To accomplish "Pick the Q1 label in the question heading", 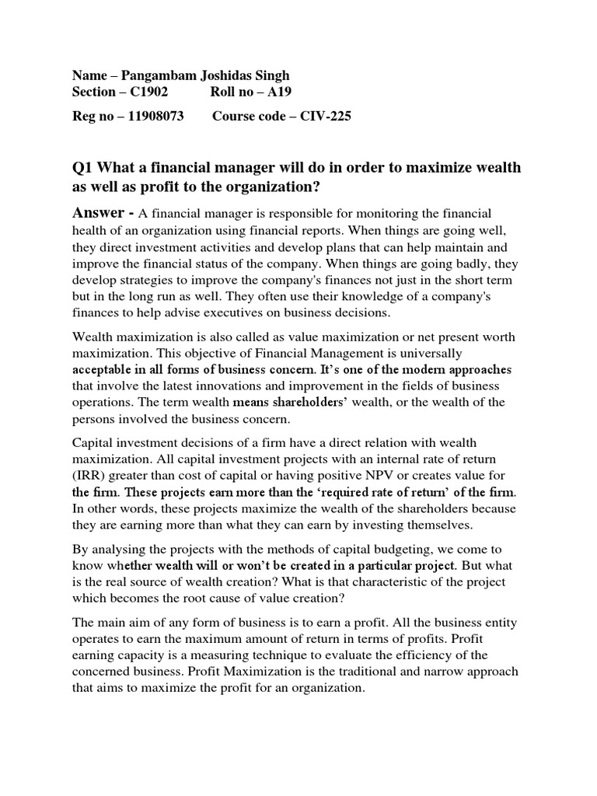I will [83, 169].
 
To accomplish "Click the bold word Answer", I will [99, 213].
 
